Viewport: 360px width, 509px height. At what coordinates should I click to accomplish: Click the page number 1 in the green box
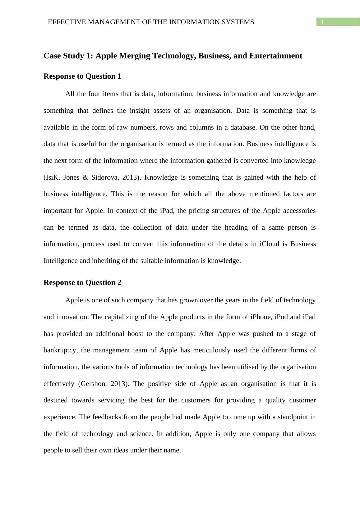[323, 22]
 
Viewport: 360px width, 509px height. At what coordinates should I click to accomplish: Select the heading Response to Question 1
[82, 76]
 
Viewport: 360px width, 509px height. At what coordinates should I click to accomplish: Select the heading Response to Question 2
[82, 283]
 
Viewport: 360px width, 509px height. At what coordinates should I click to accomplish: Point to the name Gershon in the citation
[92, 384]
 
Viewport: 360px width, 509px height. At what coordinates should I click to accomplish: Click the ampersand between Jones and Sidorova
[85, 177]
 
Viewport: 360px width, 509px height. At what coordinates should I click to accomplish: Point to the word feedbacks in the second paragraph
[107, 417]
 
